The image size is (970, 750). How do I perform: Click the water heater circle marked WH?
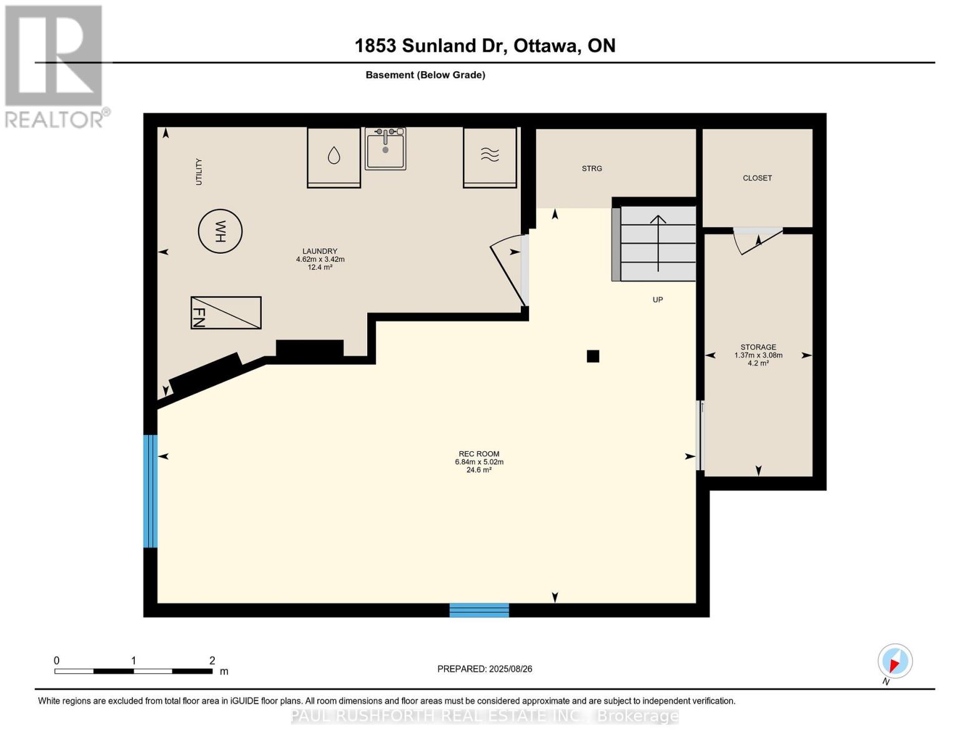pyautogui.click(x=220, y=231)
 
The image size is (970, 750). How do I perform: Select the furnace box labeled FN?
pyautogui.click(x=225, y=312)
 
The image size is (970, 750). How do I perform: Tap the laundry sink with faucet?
pyautogui.click(x=385, y=149)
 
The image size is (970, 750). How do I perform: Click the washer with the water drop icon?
pyautogui.click(x=334, y=157)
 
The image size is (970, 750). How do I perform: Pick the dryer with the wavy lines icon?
pyautogui.click(x=490, y=157)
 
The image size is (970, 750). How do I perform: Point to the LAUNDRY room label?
pyautogui.click(x=320, y=251)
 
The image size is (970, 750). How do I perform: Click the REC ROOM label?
pyautogui.click(x=479, y=454)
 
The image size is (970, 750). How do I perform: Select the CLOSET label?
pyautogui.click(x=757, y=178)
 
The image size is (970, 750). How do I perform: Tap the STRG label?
pyautogui.click(x=591, y=169)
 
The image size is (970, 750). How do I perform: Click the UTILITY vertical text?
pyautogui.click(x=199, y=172)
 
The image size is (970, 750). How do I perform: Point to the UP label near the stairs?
pyautogui.click(x=657, y=300)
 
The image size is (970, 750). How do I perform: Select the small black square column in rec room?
pyautogui.click(x=593, y=356)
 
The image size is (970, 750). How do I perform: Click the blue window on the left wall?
pyautogui.click(x=150, y=491)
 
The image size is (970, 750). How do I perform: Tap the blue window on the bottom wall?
pyautogui.click(x=479, y=610)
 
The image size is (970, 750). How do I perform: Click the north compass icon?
pyautogui.click(x=894, y=661)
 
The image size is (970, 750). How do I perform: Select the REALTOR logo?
pyautogui.click(x=54, y=66)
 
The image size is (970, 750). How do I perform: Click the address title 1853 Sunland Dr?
pyautogui.click(x=485, y=46)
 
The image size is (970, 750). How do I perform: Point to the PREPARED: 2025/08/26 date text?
pyautogui.click(x=485, y=669)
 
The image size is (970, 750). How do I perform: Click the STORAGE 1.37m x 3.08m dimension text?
pyautogui.click(x=758, y=356)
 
